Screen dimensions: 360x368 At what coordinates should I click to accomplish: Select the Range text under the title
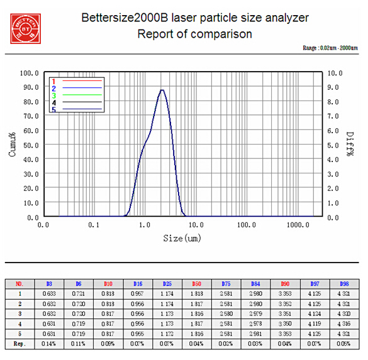[330, 48]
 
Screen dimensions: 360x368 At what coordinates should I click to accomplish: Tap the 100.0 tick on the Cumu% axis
[30, 73]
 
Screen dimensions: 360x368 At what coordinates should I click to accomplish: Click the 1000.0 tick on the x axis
[298, 224]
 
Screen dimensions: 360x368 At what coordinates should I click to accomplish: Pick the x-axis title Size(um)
[183, 238]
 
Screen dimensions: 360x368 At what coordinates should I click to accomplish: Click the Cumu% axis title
[12, 144]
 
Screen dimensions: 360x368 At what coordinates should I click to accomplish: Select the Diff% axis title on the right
[352, 145]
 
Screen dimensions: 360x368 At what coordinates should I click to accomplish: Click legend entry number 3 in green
[54, 95]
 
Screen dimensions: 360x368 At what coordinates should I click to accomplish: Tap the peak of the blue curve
[162, 90]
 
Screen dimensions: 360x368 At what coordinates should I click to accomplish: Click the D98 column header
[343, 283]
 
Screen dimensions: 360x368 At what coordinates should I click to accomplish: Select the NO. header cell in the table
[19, 283]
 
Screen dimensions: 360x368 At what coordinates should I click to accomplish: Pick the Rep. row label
[19, 344]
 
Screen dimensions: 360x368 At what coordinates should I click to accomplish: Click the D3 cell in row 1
[48, 293]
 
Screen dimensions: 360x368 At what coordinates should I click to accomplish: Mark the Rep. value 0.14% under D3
[48, 344]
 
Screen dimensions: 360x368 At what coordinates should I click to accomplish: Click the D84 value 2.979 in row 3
[255, 314]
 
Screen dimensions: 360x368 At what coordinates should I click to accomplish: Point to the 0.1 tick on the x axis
[94, 224]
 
